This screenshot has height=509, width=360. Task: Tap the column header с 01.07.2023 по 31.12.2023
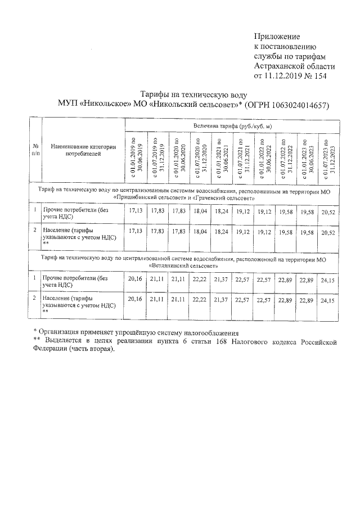[x=328, y=157]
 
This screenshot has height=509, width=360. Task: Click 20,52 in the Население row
[x=328, y=232]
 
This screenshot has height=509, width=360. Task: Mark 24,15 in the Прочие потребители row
[x=328, y=278]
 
